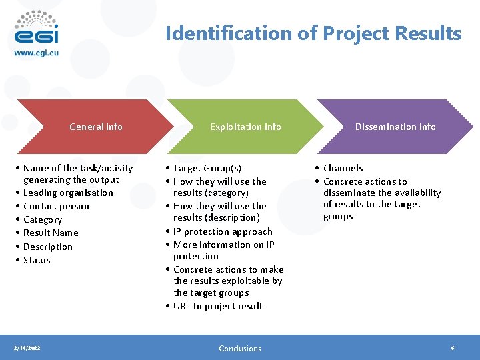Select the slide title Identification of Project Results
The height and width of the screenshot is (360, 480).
click(x=313, y=33)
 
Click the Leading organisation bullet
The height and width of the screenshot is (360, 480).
click(x=68, y=193)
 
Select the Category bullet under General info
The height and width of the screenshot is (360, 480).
click(x=43, y=219)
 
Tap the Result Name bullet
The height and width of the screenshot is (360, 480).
click(x=51, y=233)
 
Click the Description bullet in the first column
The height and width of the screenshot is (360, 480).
click(x=48, y=247)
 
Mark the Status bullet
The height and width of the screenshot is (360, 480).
click(x=37, y=260)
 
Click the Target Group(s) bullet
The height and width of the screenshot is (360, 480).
click(x=207, y=168)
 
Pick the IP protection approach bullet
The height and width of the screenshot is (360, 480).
click(x=223, y=231)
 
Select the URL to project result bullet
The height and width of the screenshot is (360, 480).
click(x=217, y=306)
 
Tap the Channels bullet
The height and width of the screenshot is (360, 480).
click(x=343, y=168)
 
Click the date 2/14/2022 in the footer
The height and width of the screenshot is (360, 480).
click(x=27, y=348)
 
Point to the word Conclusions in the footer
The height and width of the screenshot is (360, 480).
click(x=240, y=348)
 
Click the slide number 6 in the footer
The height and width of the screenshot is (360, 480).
click(x=453, y=348)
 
